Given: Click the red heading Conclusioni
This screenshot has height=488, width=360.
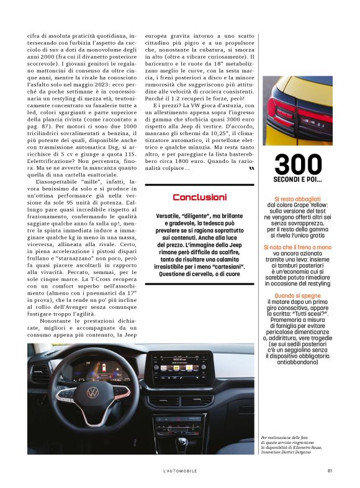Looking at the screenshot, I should tap(199, 197).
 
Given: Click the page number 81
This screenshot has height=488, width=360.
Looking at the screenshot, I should tap(330, 470).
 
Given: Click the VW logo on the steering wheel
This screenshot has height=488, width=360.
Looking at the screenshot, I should tap(92, 393).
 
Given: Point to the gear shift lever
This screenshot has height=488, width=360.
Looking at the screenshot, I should tap(182, 442).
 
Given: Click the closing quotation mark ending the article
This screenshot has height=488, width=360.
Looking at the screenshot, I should tap(251, 168).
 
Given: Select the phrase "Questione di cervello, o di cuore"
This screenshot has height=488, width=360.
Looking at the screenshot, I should tap(199, 274).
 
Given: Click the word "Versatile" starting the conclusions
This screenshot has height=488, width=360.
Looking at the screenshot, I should tap(171, 215).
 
